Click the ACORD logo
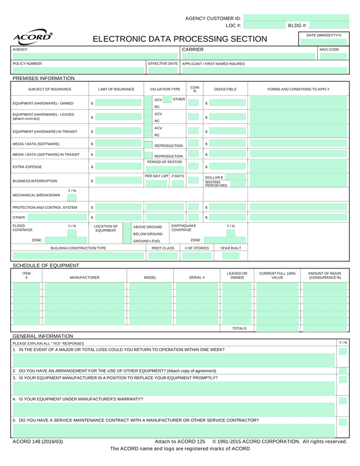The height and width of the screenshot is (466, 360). pyautogui.click(x=33, y=37)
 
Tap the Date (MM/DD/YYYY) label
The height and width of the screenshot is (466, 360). pyautogui.click(x=323, y=35)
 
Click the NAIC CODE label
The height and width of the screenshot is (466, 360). pyautogui.click(x=329, y=50)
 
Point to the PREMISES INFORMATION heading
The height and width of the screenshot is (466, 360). pyautogui.click(x=43, y=78)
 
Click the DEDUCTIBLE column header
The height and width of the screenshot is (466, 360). pyautogui.click(x=225, y=89)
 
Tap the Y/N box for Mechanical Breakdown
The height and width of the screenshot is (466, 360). pyautogui.click(x=72, y=198)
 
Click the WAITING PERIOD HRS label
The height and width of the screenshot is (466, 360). pyautogui.click(x=216, y=184)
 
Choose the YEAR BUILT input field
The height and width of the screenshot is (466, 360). pyautogui.click(x=230, y=256)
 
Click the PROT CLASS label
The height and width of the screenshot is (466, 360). pyautogui.click(x=163, y=248)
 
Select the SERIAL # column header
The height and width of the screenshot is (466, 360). pyautogui.click(x=196, y=277)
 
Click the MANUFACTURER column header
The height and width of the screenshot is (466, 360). pyautogui.click(x=84, y=277)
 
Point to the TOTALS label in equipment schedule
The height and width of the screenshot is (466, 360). pyautogui.click(x=239, y=328)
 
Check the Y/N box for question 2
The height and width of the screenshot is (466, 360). pyautogui.click(x=343, y=371)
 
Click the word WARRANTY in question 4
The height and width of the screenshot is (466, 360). pyautogui.click(x=129, y=398)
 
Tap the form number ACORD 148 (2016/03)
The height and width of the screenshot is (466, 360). pyautogui.click(x=38, y=441)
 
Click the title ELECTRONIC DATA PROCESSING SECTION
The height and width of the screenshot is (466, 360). pyautogui.click(x=179, y=39)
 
